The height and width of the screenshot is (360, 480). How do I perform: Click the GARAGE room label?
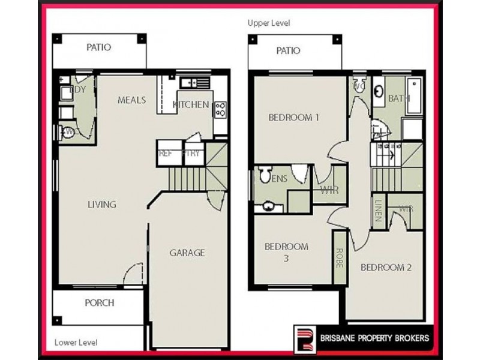coord(187,253)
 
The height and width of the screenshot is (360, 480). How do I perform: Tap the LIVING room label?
coord(101,205)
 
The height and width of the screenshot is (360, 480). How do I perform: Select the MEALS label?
coord(131,100)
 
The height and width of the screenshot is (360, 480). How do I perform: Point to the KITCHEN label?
coord(191,104)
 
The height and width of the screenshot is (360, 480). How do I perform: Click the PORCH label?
coord(99,303)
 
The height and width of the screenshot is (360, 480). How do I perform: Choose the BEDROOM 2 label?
coord(386,267)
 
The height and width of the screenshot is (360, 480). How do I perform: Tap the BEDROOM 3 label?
coord(286,252)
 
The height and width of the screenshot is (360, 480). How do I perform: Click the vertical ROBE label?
coord(339,258)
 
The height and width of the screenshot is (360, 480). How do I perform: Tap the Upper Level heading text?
coord(269,23)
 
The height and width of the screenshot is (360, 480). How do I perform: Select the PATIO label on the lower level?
coord(98,47)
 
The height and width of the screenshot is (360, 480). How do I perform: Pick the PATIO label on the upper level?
coord(288,50)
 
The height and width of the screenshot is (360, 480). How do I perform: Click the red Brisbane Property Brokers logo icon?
coord(304,338)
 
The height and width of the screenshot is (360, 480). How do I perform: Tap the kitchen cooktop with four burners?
coord(220,109)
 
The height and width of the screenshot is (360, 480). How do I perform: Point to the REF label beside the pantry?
coord(166,153)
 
